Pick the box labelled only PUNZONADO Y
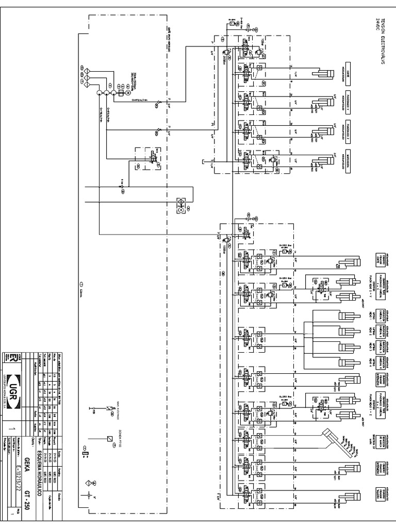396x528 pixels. tap(349, 97)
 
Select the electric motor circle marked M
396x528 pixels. tap(120, 93)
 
